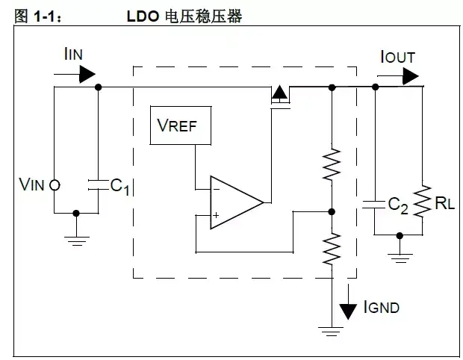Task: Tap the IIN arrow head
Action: pyautogui.click(x=87, y=74)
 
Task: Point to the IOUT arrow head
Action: pyautogui.click(x=410, y=74)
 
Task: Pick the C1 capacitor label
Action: pyautogui.click(x=120, y=186)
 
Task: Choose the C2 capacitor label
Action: pyautogui.click(x=398, y=205)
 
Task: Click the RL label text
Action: pyautogui.click(x=446, y=202)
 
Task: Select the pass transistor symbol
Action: pyautogui.click(x=279, y=96)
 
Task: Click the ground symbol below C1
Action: pyautogui.click(x=76, y=240)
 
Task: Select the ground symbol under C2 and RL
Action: pyautogui.click(x=400, y=258)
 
